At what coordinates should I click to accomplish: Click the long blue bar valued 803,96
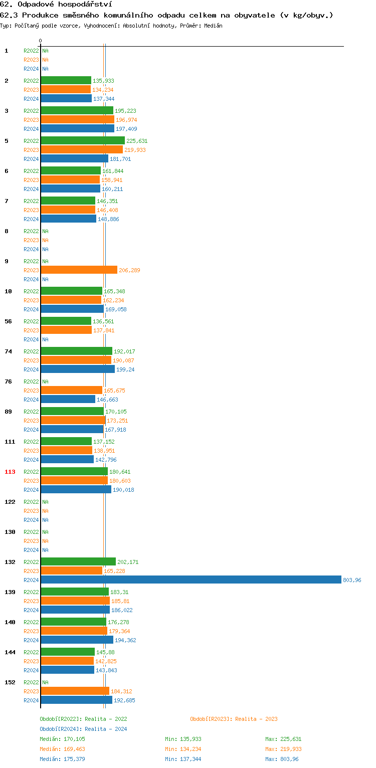[191, 580]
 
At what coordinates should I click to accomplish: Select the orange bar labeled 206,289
[79, 270]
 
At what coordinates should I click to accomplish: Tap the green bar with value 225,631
[83, 141]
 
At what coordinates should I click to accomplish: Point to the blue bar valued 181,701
[74, 159]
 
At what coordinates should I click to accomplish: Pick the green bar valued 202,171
[78, 562]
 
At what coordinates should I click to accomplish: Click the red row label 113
[10, 472]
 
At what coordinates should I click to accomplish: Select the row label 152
[10, 682]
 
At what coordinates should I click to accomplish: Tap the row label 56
[8, 321]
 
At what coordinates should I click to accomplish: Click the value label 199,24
[125, 369]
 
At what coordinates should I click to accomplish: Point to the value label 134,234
[103, 90]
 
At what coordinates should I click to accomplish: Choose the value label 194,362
[125, 640]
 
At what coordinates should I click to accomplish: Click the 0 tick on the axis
[41, 41]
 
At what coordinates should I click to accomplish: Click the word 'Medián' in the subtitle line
[213, 26]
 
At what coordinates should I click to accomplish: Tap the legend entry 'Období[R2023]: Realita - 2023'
[234, 719]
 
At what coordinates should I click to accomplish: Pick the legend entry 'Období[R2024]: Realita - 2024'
[83, 729]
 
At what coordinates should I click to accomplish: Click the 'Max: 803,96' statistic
[282, 759]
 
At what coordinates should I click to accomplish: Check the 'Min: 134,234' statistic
[183, 749]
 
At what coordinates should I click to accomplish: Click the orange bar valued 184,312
[75, 691]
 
